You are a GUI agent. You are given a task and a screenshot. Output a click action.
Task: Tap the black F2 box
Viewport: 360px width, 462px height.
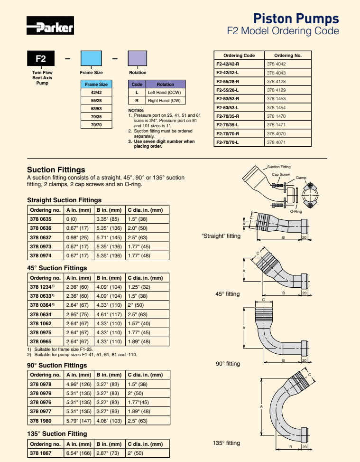(x=41, y=59)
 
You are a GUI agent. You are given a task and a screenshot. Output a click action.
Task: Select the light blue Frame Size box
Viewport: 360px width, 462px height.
(x=91, y=59)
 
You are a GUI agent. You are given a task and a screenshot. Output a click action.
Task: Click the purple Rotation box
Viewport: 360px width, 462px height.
(x=138, y=59)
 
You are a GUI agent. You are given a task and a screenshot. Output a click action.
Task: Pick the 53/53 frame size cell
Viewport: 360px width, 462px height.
(x=96, y=109)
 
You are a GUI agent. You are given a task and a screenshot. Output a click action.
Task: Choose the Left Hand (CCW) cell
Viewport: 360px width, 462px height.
(x=166, y=93)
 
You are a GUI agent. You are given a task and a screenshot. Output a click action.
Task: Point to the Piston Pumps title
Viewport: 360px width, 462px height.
(x=296, y=19)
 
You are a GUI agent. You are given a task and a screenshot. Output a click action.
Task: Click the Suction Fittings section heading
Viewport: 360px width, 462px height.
(x=56, y=170)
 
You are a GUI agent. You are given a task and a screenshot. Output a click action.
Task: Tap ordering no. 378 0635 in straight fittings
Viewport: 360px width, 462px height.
(x=40, y=219)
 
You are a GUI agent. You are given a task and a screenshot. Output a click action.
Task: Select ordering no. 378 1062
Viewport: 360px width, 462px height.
(x=40, y=323)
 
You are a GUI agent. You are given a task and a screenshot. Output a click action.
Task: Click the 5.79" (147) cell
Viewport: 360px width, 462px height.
(x=79, y=421)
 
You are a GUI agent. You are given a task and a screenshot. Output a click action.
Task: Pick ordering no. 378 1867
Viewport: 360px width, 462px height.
(x=40, y=453)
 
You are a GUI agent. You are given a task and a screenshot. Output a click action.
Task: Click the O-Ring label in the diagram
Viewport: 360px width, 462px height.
(x=295, y=211)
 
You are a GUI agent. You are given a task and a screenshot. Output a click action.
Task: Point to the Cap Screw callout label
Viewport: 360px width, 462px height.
(x=280, y=174)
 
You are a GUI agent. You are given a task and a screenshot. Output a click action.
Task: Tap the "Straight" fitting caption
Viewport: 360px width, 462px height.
(x=221, y=236)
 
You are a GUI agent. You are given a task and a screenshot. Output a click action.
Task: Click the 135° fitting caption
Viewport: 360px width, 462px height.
(x=226, y=443)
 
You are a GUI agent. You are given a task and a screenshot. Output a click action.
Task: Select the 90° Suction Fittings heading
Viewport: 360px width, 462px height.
(x=57, y=365)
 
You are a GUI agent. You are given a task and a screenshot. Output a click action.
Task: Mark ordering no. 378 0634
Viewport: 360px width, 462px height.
(x=40, y=314)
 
